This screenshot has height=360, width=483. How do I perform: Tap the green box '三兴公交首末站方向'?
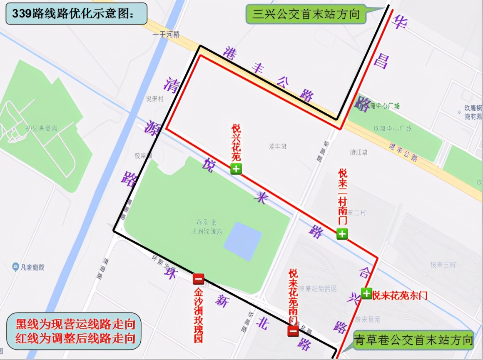(x=306, y=14)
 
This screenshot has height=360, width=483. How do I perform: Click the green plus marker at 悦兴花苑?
(x=236, y=169)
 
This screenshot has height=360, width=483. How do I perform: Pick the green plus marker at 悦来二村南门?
(x=342, y=234)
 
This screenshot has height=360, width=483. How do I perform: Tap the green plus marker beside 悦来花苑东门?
(x=366, y=294)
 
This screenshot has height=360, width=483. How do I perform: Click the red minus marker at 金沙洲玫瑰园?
(x=198, y=279)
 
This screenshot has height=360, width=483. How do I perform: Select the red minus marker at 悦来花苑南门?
(x=293, y=331)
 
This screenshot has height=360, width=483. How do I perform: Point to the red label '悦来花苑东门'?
(x=400, y=295)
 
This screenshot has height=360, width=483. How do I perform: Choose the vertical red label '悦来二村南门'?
(x=342, y=197)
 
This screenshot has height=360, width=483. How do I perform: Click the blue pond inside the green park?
(x=242, y=241)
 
